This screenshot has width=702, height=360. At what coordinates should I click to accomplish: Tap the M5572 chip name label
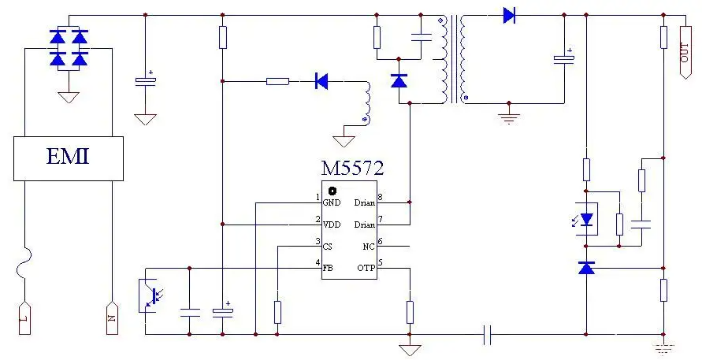point(352,169)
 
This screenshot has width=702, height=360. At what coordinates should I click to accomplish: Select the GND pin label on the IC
point(332,202)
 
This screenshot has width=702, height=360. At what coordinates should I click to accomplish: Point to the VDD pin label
point(332,225)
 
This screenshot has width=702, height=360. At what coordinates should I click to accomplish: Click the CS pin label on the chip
point(328,247)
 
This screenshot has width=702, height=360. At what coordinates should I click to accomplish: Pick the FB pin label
point(328,268)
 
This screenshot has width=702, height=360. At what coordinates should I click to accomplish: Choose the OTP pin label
point(366,268)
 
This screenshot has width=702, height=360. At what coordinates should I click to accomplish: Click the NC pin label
point(369,247)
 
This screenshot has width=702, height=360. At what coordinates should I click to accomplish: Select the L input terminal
point(25,318)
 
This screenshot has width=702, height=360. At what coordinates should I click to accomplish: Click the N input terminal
point(112,318)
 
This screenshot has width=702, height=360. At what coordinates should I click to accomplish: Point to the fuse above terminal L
point(24,264)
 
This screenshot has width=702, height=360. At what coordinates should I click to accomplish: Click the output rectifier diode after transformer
point(509,16)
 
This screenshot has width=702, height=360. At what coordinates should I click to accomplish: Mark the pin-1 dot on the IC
point(332,191)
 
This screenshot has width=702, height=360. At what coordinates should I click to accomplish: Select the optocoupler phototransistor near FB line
point(150,295)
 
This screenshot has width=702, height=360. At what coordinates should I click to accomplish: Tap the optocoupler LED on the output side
point(586,219)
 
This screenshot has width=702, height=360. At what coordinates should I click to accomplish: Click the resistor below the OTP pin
point(410,313)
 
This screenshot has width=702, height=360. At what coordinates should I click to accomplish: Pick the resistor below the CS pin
point(277,313)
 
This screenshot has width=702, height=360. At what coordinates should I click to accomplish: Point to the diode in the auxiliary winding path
point(321,81)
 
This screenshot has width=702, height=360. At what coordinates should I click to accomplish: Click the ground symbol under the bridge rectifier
point(69,98)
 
